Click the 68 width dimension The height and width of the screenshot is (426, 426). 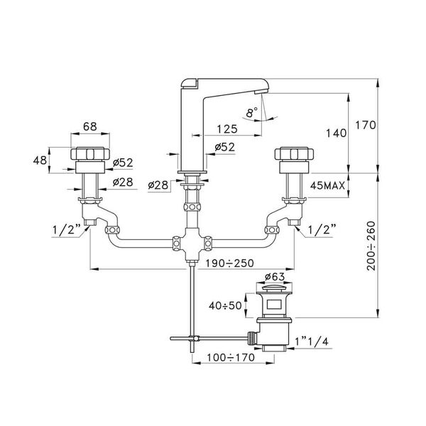click(89, 128)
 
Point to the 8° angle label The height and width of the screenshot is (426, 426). click(250, 113)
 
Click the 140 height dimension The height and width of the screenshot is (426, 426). click(334, 133)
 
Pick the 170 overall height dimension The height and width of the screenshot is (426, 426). click(382, 125)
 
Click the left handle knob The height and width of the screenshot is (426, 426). click(90, 155)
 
